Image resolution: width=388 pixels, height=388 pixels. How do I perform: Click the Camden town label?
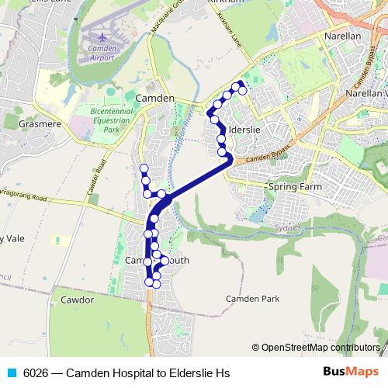pyautogui.click(x=154, y=99)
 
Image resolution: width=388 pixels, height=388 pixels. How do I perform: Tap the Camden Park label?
pyautogui.click(x=252, y=298)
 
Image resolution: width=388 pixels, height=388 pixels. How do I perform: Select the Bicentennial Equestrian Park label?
pyautogui.click(x=113, y=121)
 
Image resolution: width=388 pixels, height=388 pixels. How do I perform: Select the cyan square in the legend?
pyautogui.click(x=10, y=373)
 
